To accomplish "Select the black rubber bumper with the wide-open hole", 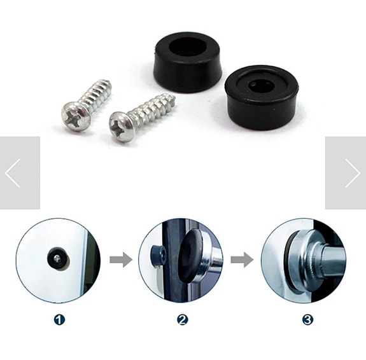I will coord(188,61).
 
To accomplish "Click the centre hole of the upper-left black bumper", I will coord(188,46).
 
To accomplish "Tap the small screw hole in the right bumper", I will coord(260,85).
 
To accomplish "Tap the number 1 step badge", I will coord(59,319).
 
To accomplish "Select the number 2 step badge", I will coord(182,319).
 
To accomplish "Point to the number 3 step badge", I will coord(307,319).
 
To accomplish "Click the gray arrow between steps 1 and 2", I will coord(120,260).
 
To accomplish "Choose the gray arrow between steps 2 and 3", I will coord(242,260).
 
